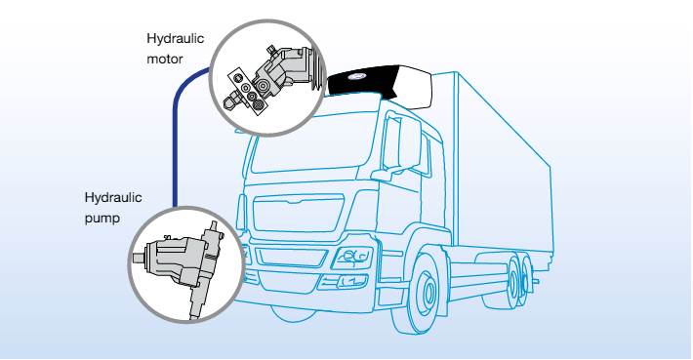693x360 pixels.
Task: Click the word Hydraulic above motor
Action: click(171, 38)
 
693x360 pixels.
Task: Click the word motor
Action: click(162, 58)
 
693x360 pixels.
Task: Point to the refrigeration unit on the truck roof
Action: click(376, 85)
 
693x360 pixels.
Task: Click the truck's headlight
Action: click(348, 259)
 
